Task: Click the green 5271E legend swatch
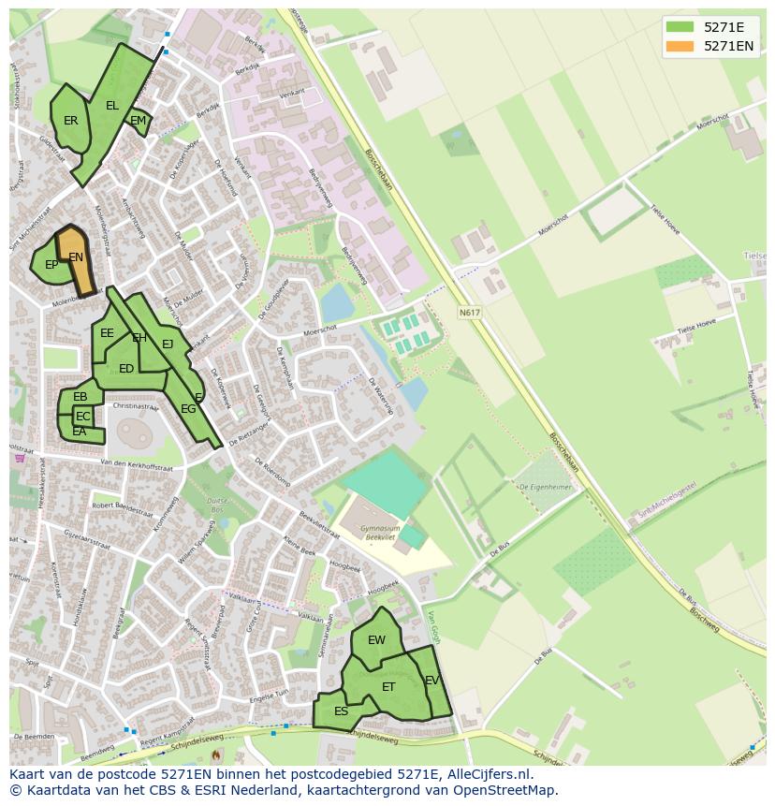point(680,27)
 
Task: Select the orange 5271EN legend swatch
point(680,46)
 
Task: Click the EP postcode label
point(51,265)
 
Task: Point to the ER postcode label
point(71,121)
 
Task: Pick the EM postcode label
point(138,121)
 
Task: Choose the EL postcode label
point(112,106)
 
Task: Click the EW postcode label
point(376,640)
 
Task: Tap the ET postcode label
point(388,687)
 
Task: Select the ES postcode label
point(341,711)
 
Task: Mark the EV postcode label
point(431,681)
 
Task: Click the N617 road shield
point(469,312)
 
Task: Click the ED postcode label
point(126,369)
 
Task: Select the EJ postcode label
point(168,344)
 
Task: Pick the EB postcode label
point(80,397)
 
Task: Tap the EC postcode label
point(83,417)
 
